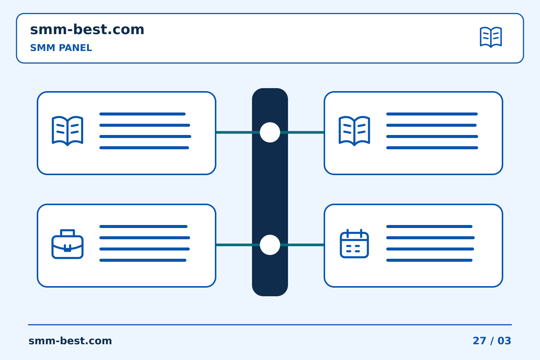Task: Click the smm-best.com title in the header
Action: (x=87, y=29)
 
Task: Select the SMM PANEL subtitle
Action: (x=61, y=48)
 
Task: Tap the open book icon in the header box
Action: (x=491, y=37)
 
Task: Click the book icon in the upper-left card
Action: (x=67, y=131)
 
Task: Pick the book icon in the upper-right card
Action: (x=354, y=131)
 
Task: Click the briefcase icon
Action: (x=67, y=244)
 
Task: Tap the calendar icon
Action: (x=354, y=243)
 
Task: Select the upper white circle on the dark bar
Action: (x=270, y=132)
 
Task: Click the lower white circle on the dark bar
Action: (x=270, y=245)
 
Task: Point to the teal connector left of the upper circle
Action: (x=238, y=132)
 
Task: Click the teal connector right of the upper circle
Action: (x=302, y=132)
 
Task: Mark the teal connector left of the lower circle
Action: (x=238, y=245)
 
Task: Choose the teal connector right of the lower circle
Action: (x=302, y=245)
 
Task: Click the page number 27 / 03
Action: (x=492, y=341)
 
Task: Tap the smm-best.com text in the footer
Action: (x=70, y=341)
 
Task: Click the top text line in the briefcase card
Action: (x=143, y=226)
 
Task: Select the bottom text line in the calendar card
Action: (x=429, y=260)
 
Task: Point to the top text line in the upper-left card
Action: (x=142, y=114)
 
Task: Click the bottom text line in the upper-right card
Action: (x=432, y=148)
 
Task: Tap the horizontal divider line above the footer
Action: (x=270, y=325)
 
